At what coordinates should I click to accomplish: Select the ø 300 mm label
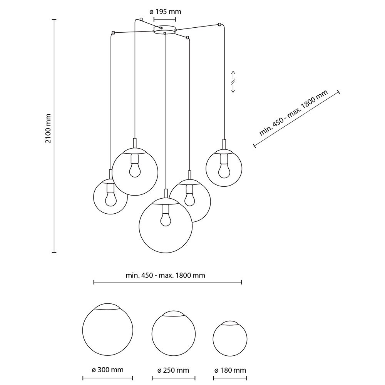[108, 370]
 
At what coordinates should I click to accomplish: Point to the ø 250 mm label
[173, 370]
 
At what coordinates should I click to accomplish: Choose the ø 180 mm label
[230, 370]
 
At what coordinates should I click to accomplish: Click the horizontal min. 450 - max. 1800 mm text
[165, 275]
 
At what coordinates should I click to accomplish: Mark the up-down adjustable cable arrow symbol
[233, 82]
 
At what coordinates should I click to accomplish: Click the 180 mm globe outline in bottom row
[230, 338]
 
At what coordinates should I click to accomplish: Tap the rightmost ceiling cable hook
[219, 25]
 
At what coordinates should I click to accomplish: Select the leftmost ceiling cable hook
[113, 32]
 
